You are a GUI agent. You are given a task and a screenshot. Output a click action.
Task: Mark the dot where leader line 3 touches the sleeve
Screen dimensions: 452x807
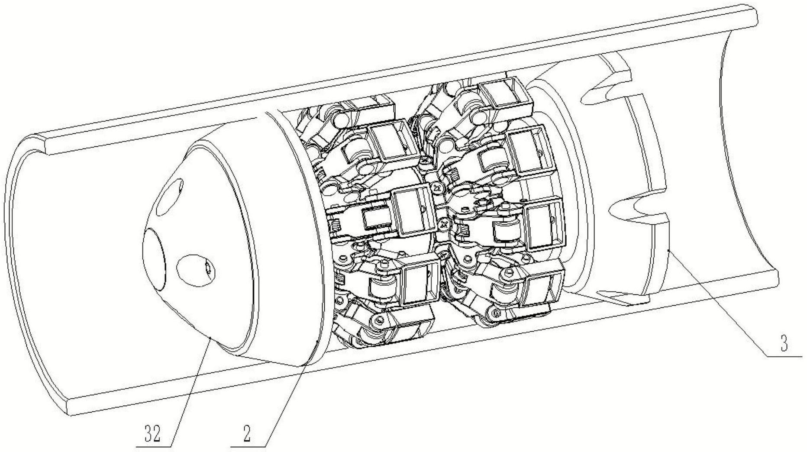click(x=669, y=250)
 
